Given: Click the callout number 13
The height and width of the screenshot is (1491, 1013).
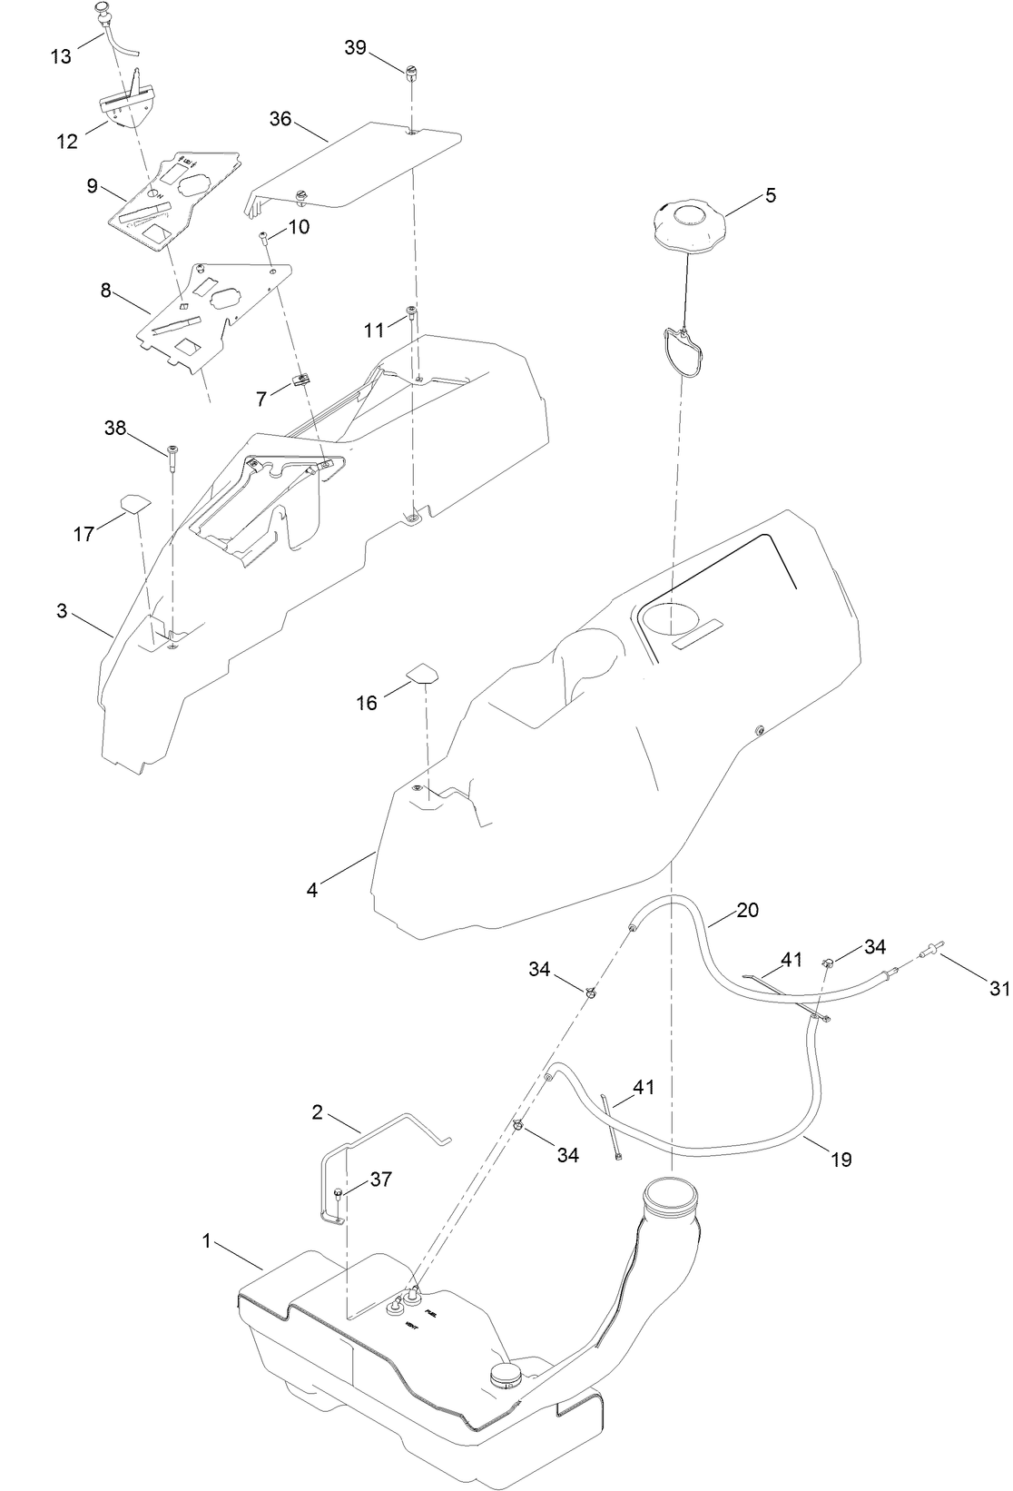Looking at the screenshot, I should click(x=60, y=56).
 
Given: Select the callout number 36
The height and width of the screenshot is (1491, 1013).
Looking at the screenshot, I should click(x=280, y=119).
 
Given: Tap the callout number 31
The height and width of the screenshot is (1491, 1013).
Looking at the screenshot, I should click(x=999, y=989).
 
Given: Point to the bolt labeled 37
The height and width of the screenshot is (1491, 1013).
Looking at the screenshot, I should click(x=338, y=1195).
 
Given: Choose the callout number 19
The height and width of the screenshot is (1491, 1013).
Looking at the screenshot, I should click(x=841, y=1160).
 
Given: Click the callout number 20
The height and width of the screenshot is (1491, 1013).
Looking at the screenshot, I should click(x=747, y=911).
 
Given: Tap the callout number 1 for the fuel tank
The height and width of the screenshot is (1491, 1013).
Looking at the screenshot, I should click(x=207, y=1241).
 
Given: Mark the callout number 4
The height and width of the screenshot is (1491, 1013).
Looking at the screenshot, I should click(x=312, y=891).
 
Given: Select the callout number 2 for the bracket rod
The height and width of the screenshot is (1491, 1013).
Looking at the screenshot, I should click(x=318, y=1111).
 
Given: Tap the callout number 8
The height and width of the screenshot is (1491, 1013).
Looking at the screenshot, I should click(x=106, y=291).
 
